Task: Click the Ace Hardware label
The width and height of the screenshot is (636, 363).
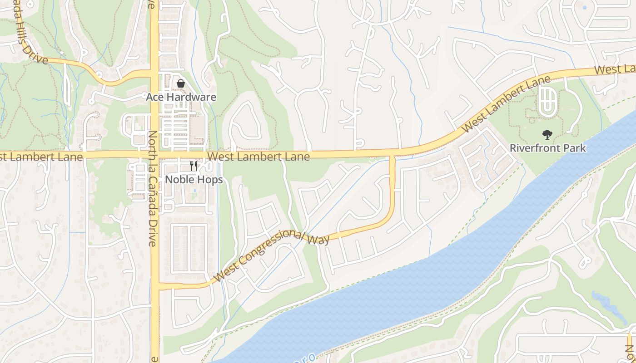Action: click(x=181, y=97)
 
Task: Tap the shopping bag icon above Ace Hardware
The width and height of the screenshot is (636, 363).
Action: click(x=180, y=83)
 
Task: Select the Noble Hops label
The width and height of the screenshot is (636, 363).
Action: click(x=194, y=180)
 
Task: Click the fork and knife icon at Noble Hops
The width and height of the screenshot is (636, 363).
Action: click(x=194, y=166)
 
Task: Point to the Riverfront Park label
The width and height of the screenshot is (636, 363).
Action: click(x=547, y=148)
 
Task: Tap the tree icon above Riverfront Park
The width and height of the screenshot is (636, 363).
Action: click(x=547, y=134)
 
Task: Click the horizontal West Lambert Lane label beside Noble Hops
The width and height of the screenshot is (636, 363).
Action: click(x=258, y=157)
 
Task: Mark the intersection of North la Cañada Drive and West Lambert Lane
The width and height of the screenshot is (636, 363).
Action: click(x=154, y=155)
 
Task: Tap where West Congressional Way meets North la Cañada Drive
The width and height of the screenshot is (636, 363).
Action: click(x=155, y=286)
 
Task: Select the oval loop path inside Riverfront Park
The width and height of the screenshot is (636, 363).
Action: click(x=547, y=101)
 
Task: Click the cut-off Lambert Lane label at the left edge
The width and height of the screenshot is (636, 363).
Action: click(x=41, y=157)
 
